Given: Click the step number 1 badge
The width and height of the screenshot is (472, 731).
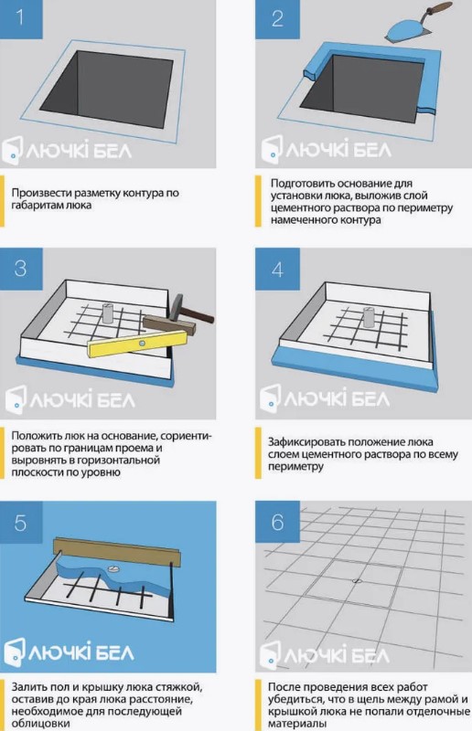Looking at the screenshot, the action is tap(21, 19).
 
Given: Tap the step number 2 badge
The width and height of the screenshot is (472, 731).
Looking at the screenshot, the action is tap(277, 19).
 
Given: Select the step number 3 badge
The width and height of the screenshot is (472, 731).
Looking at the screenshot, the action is tap(21, 269).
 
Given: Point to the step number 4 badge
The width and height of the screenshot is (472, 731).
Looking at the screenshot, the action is tap(277, 270).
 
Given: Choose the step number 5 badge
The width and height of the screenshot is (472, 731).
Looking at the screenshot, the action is tap(21, 523).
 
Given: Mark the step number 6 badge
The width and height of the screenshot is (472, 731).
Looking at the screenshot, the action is tap(277, 522).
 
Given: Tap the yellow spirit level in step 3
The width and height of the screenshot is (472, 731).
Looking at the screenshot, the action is tap(137, 344).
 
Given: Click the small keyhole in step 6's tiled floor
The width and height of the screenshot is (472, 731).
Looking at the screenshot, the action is tap(357, 581).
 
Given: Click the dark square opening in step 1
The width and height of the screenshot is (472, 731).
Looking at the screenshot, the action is tap(106, 89).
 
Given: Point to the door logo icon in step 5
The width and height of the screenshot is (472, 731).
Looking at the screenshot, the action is tap(14, 651).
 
